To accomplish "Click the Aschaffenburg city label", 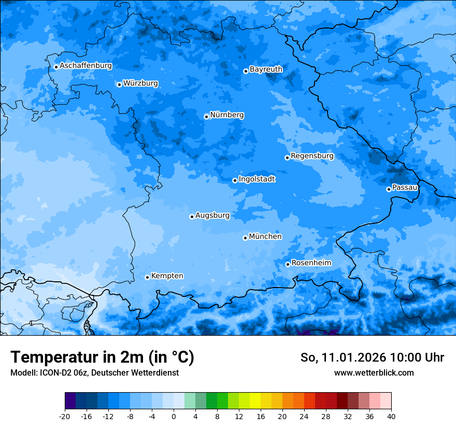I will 85,66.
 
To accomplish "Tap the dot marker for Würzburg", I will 119,84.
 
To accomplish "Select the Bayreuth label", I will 266,69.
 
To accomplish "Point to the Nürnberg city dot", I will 206,117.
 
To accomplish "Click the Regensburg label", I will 312,155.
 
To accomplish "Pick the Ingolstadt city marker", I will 235,180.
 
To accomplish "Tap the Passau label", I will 405,187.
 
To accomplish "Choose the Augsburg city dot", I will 192,217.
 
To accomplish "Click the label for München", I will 265,236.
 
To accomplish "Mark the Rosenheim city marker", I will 288,264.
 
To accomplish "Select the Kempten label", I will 167,276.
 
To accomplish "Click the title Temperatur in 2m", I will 102,357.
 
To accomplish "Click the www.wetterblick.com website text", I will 374,372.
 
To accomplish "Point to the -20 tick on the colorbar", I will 65,416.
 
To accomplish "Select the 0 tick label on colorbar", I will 174,416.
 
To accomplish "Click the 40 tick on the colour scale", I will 391,416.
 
